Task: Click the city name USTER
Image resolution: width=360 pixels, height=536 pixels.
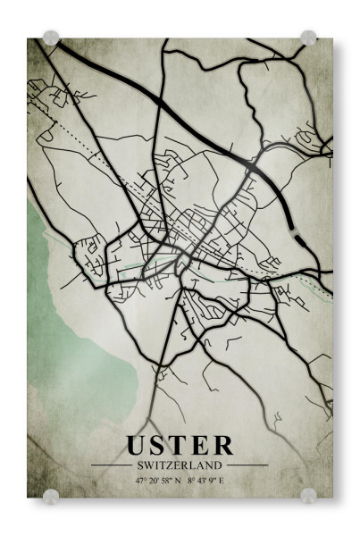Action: pos(180,445)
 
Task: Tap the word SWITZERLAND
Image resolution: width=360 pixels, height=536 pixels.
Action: pos(180,465)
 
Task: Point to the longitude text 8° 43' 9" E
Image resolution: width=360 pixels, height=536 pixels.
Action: pos(206,482)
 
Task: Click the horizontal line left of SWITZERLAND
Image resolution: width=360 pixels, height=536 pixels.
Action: pos(111,465)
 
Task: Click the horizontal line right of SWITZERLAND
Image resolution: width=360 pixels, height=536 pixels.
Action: pos(247,465)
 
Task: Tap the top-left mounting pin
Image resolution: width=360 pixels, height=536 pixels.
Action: pos(52,38)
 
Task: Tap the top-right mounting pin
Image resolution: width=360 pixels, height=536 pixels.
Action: pos(308,38)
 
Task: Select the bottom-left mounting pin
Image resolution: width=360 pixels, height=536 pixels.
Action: pos(52,496)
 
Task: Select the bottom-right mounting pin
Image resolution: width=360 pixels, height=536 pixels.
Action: pos(308,496)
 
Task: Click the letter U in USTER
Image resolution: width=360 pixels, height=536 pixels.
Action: pos(138,445)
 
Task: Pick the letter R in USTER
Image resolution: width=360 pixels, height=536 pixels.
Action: pos(222,445)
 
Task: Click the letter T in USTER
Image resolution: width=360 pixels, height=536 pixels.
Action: pos(180,445)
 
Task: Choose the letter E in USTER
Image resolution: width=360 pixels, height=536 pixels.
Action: pos(201,445)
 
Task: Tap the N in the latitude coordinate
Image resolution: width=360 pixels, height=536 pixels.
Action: pos(178,482)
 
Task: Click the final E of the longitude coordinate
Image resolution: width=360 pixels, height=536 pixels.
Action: pos(222,482)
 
